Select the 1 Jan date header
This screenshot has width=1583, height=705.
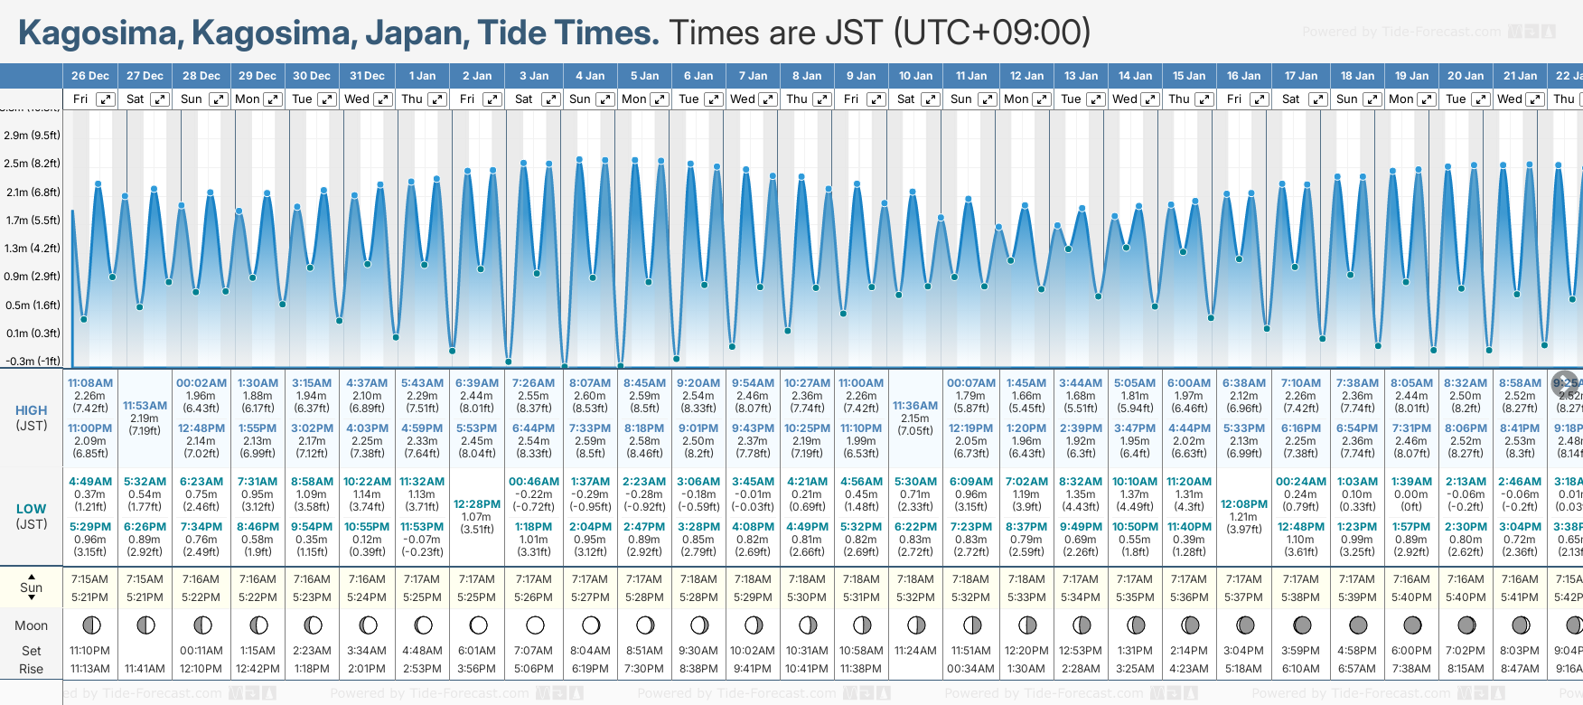(x=422, y=76)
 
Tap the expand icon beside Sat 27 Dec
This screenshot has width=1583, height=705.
(x=160, y=99)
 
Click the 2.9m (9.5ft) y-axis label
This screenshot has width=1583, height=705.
(x=33, y=136)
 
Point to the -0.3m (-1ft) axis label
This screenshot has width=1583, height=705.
(x=33, y=361)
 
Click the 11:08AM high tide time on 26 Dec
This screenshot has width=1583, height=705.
(x=90, y=383)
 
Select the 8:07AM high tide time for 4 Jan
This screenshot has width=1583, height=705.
(x=590, y=383)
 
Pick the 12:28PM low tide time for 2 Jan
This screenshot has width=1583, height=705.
(x=477, y=503)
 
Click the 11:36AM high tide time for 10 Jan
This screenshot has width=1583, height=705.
(x=915, y=406)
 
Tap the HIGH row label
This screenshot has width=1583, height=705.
(x=31, y=410)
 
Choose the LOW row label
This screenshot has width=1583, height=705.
(x=31, y=509)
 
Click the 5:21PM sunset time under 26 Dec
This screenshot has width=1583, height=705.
(x=90, y=597)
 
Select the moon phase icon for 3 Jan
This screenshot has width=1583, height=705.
(x=535, y=625)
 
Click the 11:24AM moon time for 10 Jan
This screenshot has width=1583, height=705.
(x=915, y=651)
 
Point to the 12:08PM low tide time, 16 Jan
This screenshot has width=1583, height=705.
(x=1244, y=503)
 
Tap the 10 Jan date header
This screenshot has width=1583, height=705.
(x=915, y=76)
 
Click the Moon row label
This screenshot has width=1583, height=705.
(x=31, y=625)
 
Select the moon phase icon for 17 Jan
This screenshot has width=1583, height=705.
(x=1302, y=625)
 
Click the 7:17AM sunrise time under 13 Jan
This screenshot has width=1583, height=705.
(x=1081, y=579)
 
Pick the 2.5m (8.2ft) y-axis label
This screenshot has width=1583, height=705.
(x=33, y=164)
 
